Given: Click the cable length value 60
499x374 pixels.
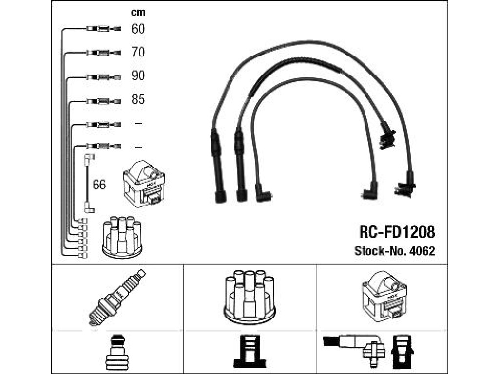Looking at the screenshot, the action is click(x=138, y=29).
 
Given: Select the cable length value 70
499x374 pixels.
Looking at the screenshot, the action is click(x=138, y=52).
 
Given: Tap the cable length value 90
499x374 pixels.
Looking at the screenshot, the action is click(x=138, y=75).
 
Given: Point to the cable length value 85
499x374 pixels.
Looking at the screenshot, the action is click(x=138, y=99).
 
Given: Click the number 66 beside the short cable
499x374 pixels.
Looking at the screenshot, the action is click(x=99, y=185).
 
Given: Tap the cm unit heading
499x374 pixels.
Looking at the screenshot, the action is click(x=138, y=12).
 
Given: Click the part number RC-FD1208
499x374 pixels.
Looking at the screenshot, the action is click(x=397, y=232).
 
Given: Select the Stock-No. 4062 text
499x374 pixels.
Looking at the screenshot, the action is click(x=395, y=251).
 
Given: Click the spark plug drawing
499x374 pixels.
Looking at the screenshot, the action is click(x=117, y=298).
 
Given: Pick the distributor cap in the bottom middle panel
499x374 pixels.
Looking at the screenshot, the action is click(x=250, y=297).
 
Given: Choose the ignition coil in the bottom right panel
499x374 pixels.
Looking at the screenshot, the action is click(x=384, y=297).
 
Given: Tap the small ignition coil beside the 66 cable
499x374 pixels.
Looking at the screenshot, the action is click(x=144, y=184).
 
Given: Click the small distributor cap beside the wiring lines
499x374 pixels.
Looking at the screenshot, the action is click(x=122, y=237).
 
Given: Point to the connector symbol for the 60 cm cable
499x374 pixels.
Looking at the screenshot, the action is click(x=104, y=29).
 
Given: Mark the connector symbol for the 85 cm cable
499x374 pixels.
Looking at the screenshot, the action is click(x=104, y=102).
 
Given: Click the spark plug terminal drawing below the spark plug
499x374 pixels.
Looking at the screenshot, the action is click(x=117, y=353).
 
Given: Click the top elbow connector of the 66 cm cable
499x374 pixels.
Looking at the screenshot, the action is click(x=89, y=159).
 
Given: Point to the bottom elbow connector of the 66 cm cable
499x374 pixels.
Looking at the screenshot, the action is click(x=89, y=208).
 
